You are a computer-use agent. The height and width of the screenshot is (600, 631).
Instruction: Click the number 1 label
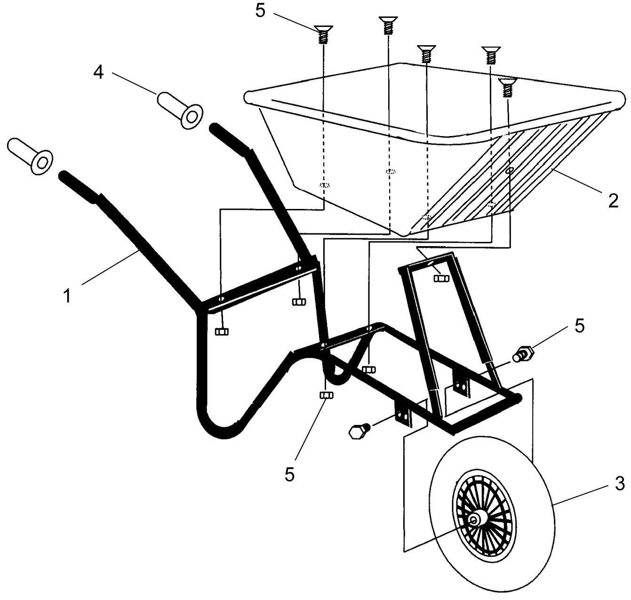pos(68,296)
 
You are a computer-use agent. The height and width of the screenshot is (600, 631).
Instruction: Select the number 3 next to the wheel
pos(620,483)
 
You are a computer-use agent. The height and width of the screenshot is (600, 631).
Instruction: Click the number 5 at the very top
pos(261,11)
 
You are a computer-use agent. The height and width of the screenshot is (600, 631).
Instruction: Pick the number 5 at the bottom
pos(290,474)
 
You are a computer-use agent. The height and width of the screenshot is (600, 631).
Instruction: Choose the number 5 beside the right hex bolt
pos(579,325)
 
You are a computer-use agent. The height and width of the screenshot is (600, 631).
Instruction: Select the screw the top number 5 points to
pos(322,34)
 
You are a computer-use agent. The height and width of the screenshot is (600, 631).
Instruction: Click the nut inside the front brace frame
pos(441,278)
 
